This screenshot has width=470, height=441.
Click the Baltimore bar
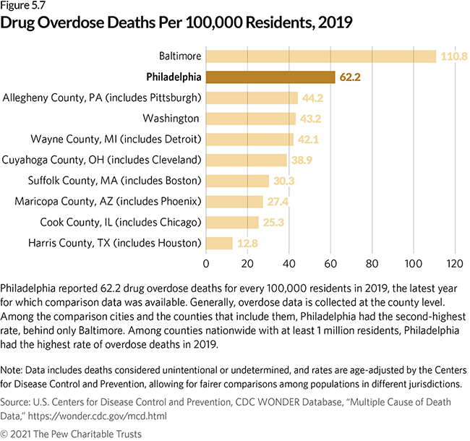click(x=321, y=56)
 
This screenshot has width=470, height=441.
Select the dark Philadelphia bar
click(x=270, y=77)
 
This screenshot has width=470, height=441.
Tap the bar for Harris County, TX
click(x=219, y=243)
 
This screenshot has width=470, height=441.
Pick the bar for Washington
click(x=251, y=118)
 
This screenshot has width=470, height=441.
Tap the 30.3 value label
click(x=284, y=181)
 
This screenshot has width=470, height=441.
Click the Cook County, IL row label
click(x=110, y=222)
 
